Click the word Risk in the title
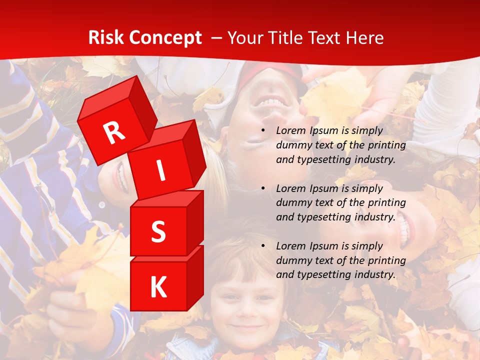pos(106,38)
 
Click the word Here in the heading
pos(365,38)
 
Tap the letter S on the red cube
pos(158,231)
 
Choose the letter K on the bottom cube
pos(158,287)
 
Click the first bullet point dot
pos(263,130)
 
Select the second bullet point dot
pos(263,188)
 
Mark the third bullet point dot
pos(263,246)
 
